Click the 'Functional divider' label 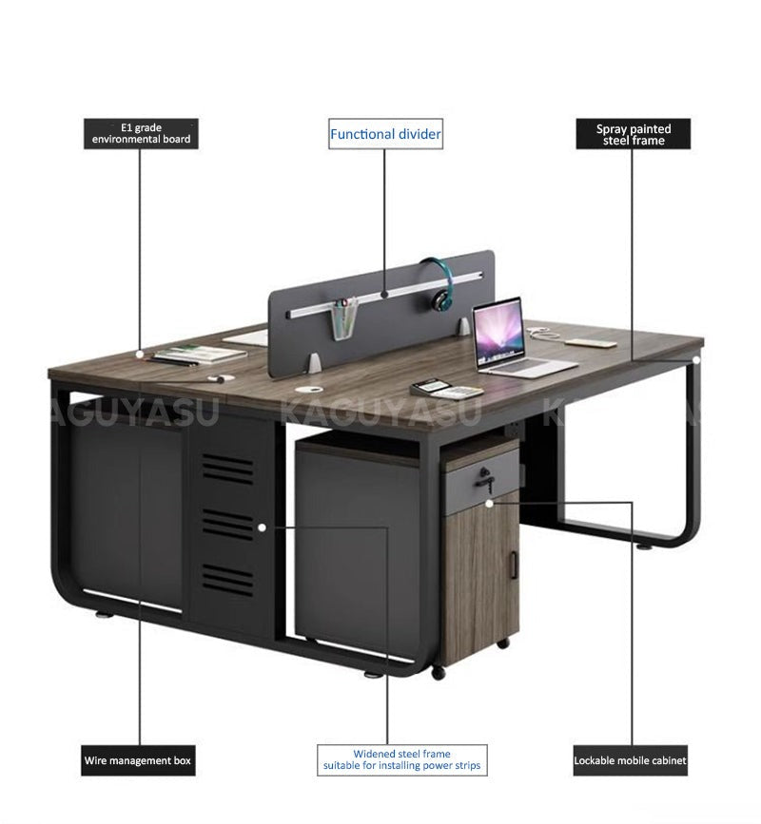pos(385,133)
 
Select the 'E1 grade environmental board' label pos(141,133)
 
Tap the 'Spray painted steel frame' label pos(634,133)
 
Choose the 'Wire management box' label pos(138,760)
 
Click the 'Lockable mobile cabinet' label pos(630,760)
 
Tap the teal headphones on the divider pos(438,282)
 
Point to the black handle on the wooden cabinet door pos(515,565)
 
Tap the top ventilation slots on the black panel pos(228,469)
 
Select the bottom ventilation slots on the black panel pos(228,579)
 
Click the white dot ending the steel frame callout pos(695,360)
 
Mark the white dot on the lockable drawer pos(490,503)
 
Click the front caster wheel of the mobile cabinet pos(439,673)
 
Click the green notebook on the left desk pos(200,353)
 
